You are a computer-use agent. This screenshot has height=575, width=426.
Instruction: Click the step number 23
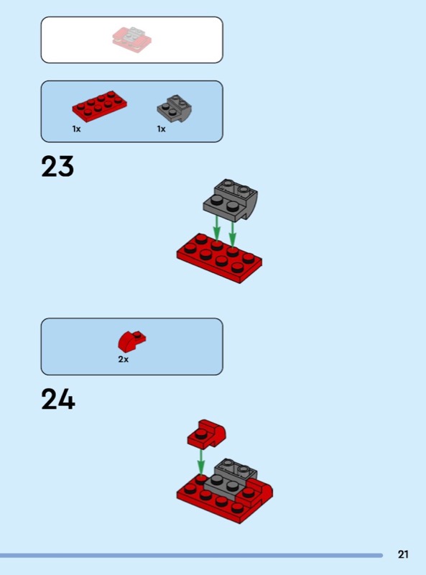point(57,167)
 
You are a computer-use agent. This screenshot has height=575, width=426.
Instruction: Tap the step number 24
point(58,399)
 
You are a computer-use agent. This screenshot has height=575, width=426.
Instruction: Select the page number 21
point(403,554)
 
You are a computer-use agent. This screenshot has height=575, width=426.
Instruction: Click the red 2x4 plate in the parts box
point(100,106)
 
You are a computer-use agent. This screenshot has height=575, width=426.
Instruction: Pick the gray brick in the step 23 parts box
point(175,109)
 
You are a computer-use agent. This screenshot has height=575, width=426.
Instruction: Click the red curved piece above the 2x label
point(131,341)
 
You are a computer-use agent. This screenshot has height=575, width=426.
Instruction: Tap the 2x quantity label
point(123,359)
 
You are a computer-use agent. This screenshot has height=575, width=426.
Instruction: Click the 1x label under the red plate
point(76,129)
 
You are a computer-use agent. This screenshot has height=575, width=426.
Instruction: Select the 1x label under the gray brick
point(162,129)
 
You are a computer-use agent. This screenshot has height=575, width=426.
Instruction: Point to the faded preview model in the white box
point(132,40)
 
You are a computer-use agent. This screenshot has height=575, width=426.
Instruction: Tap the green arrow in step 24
point(200,462)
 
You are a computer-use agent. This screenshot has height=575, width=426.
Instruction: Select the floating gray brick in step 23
point(230,200)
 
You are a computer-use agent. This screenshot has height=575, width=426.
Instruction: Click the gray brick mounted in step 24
point(229,479)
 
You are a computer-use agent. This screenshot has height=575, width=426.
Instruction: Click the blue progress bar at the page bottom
point(191,556)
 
